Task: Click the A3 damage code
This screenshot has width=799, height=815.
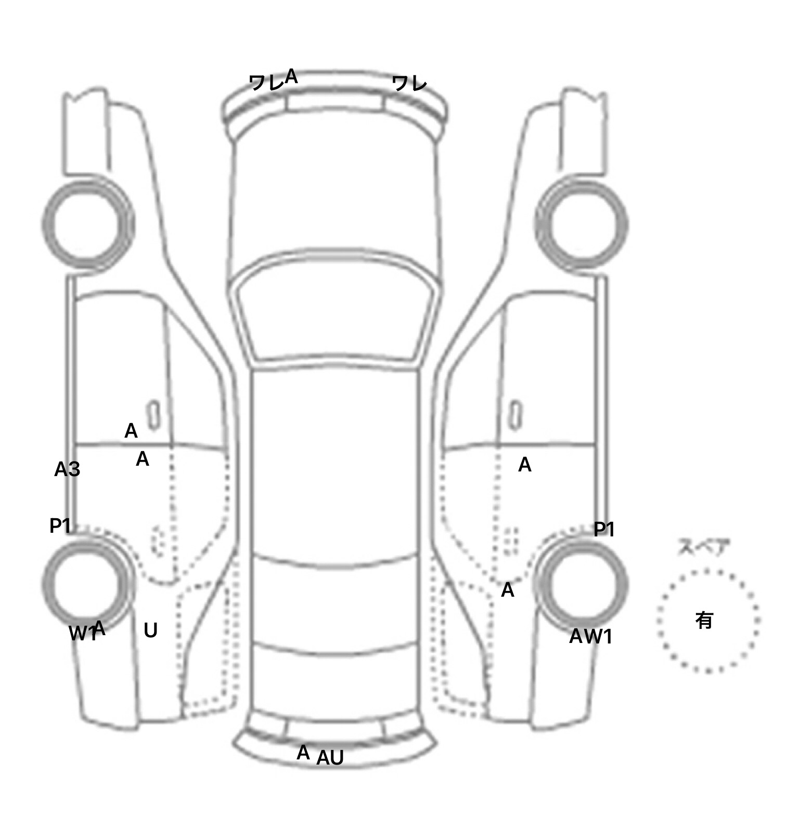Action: point(67,469)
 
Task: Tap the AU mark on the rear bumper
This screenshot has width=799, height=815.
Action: point(330,758)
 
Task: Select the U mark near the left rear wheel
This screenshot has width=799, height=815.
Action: point(150,630)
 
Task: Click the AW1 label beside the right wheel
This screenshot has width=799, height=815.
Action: point(591,636)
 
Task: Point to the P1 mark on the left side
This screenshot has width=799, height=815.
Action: point(60,526)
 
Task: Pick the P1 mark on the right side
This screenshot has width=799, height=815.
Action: point(604,530)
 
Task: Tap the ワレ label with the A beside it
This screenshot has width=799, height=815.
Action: point(266,83)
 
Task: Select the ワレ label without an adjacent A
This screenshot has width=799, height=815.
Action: point(409,83)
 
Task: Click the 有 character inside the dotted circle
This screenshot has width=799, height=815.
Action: point(704,620)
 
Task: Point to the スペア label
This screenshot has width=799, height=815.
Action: point(704,547)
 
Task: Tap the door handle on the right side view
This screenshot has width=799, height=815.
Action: point(515,416)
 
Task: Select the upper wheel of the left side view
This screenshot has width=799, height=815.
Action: point(87,224)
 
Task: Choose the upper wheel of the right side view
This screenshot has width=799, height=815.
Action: point(582,224)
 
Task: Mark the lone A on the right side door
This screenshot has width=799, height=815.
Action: point(525,465)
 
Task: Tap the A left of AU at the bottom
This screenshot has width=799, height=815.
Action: point(303,753)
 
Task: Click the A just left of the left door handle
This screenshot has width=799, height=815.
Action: point(131,431)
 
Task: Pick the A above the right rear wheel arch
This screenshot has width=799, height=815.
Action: point(508,590)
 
